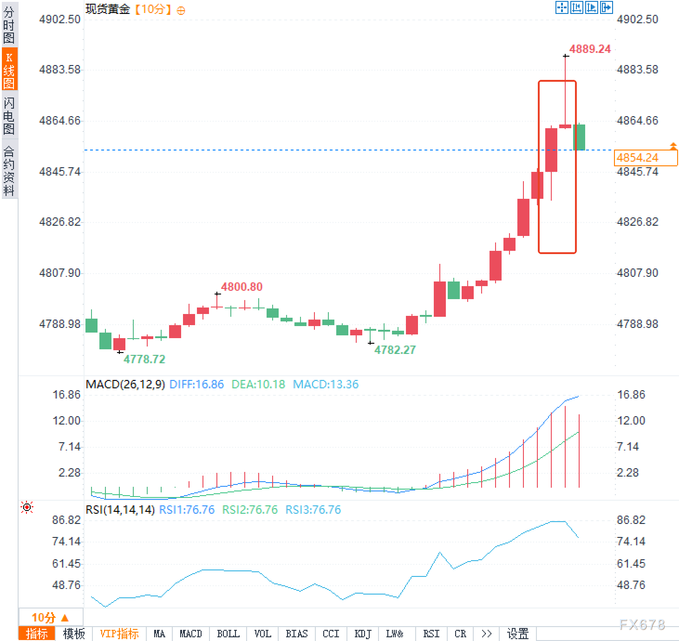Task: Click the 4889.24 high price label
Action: (x=590, y=49)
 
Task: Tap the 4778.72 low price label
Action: (x=144, y=359)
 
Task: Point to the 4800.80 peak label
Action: (x=242, y=287)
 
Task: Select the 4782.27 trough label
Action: (x=395, y=350)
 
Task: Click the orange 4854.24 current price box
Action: (x=645, y=158)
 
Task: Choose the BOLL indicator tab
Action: (x=228, y=634)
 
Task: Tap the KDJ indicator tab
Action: (x=363, y=634)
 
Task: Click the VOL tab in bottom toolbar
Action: (x=262, y=634)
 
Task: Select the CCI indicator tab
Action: (x=331, y=634)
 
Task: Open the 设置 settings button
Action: (x=518, y=634)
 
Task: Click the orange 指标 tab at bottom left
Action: (x=37, y=634)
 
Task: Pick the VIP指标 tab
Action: (x=119, y=634)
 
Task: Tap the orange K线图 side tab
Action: (x=9, y=70)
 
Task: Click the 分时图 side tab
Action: (x=9, y=24)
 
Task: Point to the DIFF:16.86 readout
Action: (x=196, y=385)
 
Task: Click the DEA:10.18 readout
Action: (x=258, y=385)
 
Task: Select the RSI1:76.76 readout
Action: (x=187, y=510)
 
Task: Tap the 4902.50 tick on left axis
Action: (x=60, y=20)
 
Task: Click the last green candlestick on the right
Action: (x=579, y=137)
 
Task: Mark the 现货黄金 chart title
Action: (x=108, y=9)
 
